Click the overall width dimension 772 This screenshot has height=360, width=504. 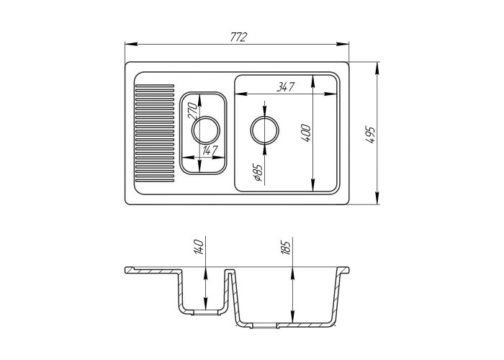point(239,37)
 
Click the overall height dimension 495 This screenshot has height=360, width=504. point(371,135)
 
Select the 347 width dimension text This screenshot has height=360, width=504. point(285,87)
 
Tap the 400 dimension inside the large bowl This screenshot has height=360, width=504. point(306,133)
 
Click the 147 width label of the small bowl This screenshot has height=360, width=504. point(210,150)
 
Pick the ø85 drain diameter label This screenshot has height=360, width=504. point(258,173)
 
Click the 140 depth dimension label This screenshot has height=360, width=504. point(199,247)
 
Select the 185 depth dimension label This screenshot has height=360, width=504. point(285,246)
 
